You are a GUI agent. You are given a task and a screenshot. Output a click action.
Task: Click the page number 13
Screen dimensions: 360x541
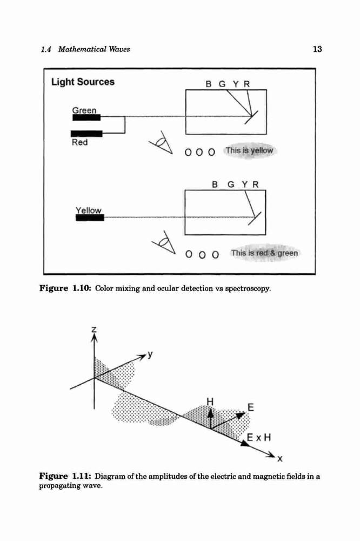click(317, 49)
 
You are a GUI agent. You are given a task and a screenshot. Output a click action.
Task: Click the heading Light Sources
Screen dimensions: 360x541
click(83, 82)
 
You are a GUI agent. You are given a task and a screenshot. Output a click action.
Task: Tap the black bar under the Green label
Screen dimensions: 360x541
click(86, 117)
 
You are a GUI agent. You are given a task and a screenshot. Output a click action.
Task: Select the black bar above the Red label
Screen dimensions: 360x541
click(86, 134)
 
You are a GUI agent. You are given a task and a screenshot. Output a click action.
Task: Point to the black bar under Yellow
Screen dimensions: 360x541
click(90, 217)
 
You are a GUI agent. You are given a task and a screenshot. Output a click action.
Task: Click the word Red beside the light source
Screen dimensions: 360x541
click(79, 142)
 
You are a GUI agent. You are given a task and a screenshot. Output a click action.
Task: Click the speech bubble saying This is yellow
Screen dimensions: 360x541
click(249, 151)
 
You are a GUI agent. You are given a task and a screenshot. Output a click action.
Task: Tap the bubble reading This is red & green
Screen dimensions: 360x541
click(264, 253)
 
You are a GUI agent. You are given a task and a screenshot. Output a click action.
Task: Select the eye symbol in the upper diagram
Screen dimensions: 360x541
click(161, 142)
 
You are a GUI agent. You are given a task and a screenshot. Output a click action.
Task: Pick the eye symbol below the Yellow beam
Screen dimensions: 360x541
click(164, 242)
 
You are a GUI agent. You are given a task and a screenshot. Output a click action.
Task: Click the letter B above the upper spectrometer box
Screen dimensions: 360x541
click(208, 84)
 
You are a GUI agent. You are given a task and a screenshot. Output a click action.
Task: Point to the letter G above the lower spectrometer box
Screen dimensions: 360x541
click(231, 184)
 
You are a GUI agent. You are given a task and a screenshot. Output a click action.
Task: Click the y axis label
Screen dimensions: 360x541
click(150, 354)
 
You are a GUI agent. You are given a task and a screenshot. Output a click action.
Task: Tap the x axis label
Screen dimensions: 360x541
click(279, 459)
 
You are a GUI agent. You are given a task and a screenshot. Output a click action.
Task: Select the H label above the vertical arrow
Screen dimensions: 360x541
click(210, 401)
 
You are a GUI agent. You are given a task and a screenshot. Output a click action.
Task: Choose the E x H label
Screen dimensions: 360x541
click(259, 438)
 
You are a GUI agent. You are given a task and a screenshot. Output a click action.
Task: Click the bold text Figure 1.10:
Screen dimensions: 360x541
click(65, 288)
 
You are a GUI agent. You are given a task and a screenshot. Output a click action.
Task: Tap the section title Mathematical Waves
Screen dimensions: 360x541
click(94, 49)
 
